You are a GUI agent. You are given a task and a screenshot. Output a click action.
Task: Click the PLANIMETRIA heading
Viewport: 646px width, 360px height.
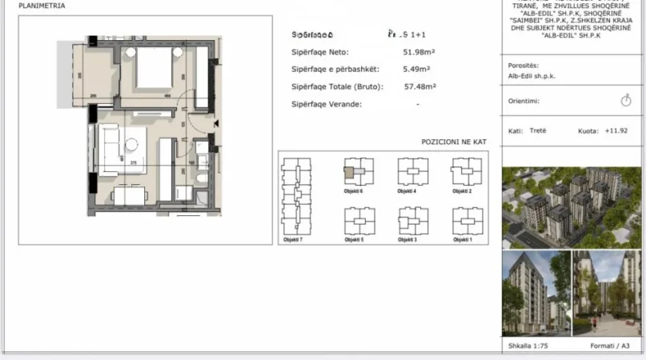[x=42, y=6]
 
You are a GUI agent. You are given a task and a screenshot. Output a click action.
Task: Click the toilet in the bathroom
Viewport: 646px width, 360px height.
[x=203, y=177]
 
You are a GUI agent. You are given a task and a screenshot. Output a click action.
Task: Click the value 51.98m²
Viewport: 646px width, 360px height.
[x=419, y=53]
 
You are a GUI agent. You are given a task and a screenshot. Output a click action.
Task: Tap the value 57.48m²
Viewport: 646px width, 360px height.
[x=419, y=86]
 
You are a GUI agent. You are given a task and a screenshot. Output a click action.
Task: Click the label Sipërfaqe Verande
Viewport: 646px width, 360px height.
[x=327, y=104]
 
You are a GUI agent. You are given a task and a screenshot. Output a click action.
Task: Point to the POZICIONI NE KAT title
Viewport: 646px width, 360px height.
[x=453, y=142]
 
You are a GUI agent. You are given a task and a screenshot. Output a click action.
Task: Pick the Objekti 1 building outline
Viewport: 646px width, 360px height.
[x=465, y=220]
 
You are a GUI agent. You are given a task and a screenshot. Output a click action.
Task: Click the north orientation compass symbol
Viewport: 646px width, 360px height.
[x=626, y=101]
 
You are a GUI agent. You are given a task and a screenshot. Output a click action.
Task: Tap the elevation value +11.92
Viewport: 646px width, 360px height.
[x=616, y=130]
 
